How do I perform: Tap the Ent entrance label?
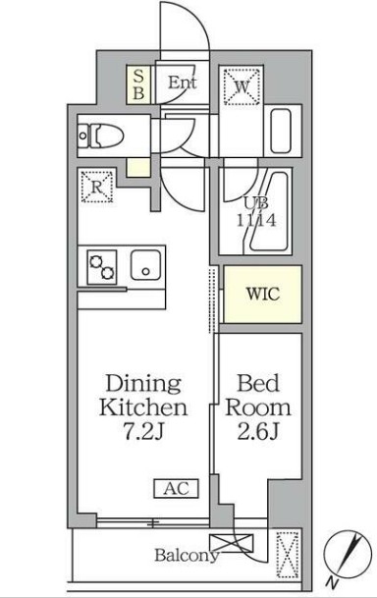point(182,83)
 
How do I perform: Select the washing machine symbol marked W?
point(242,86)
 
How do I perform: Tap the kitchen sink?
point(147,265)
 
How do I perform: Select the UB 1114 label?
point(256,213)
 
